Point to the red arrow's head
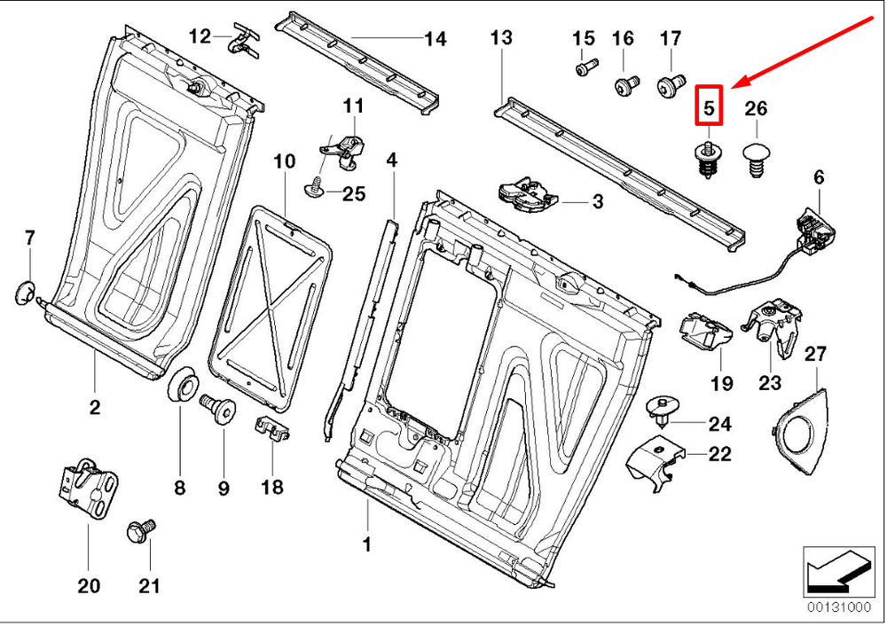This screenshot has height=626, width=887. pos(737,83)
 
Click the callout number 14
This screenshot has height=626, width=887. pos(435,39)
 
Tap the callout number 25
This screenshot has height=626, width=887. pos(354,194)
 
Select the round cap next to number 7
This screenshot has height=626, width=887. pos(27,291)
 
